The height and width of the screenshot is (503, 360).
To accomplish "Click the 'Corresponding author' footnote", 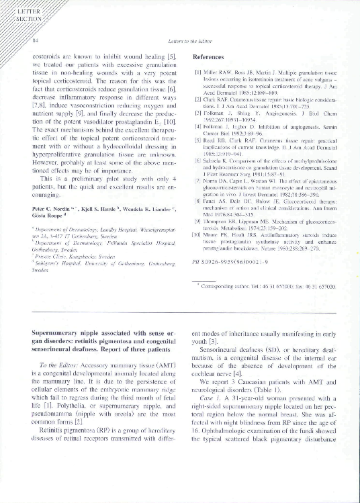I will tap(269, 285).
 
